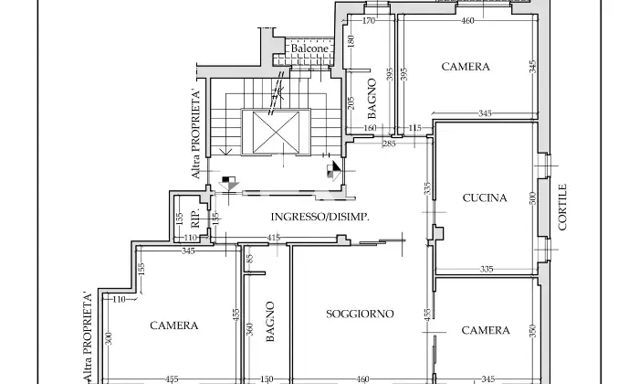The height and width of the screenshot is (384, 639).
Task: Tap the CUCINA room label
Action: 485,197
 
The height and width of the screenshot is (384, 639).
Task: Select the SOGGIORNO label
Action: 360,314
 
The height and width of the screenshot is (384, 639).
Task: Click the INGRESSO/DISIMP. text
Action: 319,216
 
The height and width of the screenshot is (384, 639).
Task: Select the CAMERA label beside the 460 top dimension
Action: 466,67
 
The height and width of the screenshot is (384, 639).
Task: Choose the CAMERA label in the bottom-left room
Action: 173,325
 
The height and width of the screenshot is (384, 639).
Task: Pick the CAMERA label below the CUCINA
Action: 486,330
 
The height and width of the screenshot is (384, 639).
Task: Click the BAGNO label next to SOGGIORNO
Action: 270,323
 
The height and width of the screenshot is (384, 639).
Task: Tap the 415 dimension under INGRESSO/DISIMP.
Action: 273,239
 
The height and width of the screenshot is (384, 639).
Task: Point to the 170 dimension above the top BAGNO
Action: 370,20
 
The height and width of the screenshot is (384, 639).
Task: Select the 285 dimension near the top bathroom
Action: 388,144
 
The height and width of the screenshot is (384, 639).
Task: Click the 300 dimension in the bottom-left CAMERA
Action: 107,340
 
